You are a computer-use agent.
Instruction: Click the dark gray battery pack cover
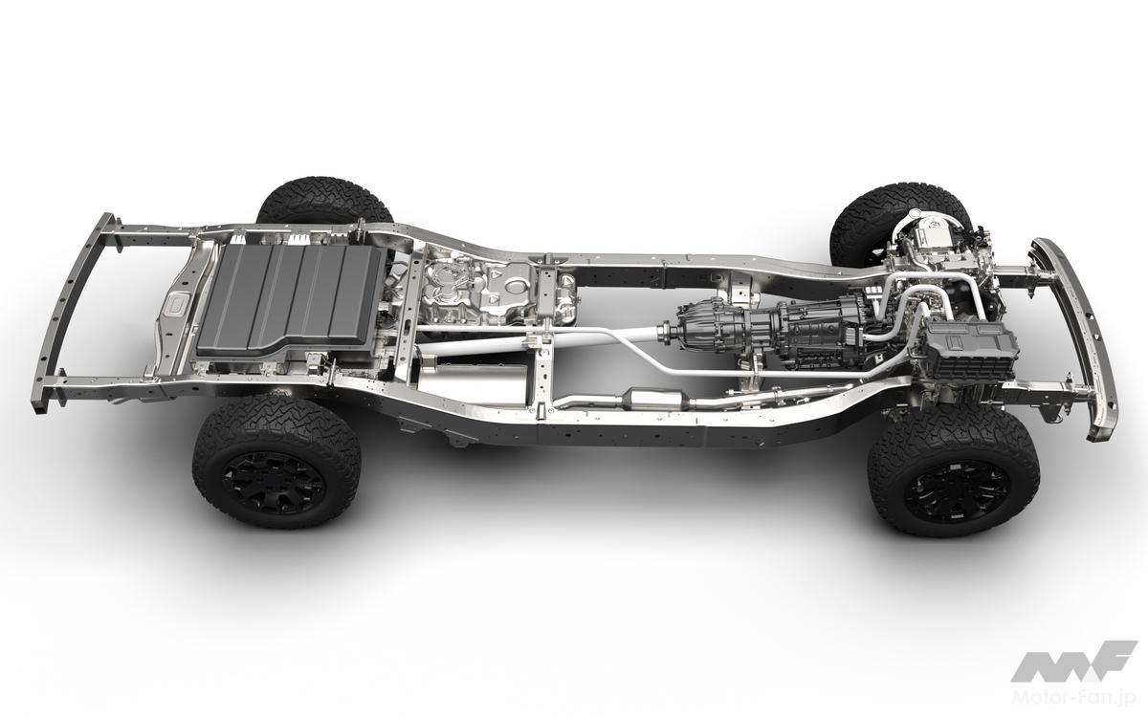point(292,298)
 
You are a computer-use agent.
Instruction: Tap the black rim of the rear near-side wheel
point(275,485)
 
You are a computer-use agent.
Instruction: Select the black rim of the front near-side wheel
point(957,490)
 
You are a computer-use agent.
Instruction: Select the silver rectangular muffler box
point(472,381)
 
